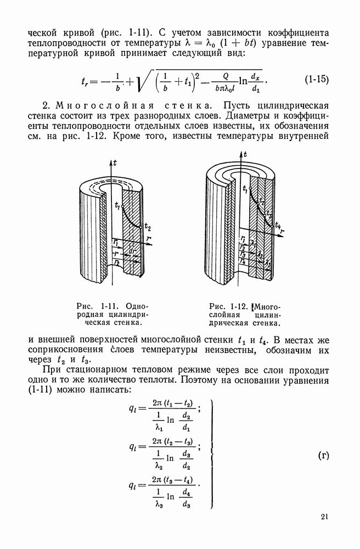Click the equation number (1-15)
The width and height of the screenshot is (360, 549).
tap(317, 79)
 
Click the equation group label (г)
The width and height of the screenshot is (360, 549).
tap(324, 455)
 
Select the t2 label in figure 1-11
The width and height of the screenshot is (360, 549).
tap(148, 226)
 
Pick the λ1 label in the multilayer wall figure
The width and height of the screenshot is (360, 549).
tap(254, 243)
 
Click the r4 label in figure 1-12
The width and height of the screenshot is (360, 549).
tap(243, 261)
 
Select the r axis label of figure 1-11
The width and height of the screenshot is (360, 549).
tap(148, 239)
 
